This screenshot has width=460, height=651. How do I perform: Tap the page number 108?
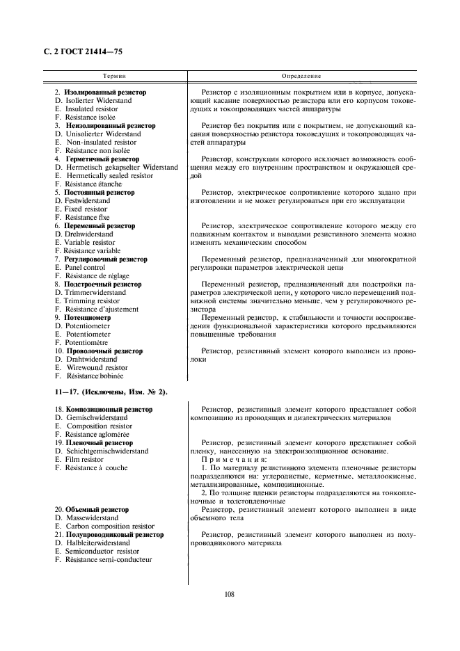point(230,593)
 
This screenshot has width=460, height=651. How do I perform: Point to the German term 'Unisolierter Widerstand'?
point(102,134)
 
